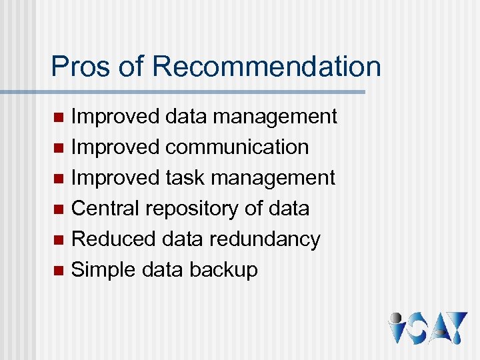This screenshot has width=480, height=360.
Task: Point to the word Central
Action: pos(107,209)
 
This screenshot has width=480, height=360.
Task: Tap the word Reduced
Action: pos(111,239)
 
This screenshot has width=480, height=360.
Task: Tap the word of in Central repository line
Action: pos(254,209)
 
